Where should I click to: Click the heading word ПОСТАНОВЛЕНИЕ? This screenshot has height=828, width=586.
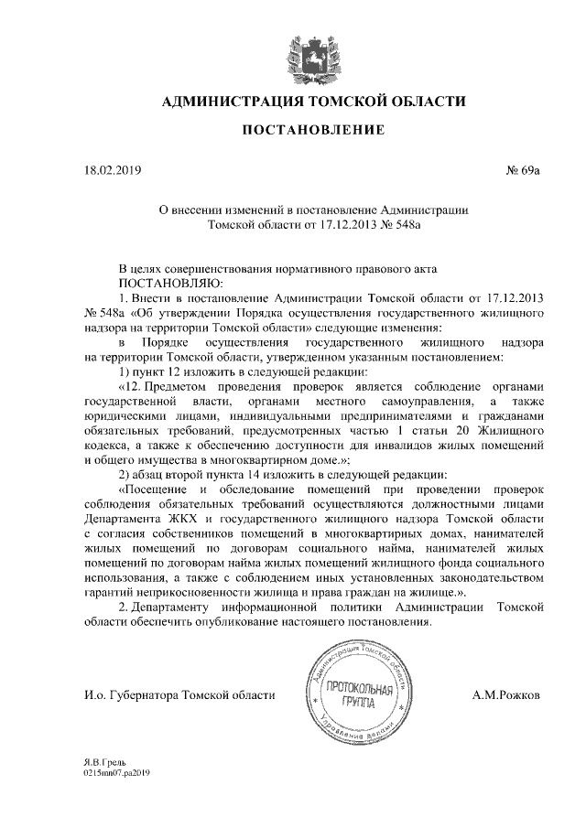click(312, 132)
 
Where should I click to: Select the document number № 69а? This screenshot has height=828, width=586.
click(523, 170)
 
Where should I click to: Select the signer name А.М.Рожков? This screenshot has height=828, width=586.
click(506, 695)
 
